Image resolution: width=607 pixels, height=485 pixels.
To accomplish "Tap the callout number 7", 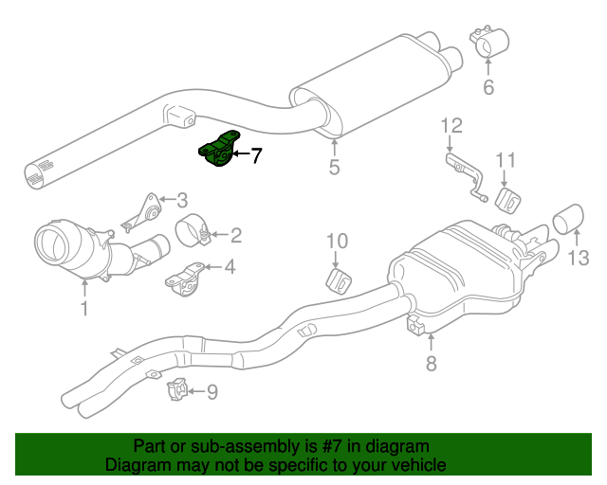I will (256, 155).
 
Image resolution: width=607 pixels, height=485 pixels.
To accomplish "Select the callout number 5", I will (334, 170).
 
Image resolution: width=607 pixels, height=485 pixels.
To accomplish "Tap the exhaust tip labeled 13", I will (568, 219).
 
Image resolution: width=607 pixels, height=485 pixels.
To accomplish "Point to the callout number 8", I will (431, 364).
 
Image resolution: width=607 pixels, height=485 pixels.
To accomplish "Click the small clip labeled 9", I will (177, 388).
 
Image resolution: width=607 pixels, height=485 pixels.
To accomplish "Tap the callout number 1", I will (83, 308).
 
